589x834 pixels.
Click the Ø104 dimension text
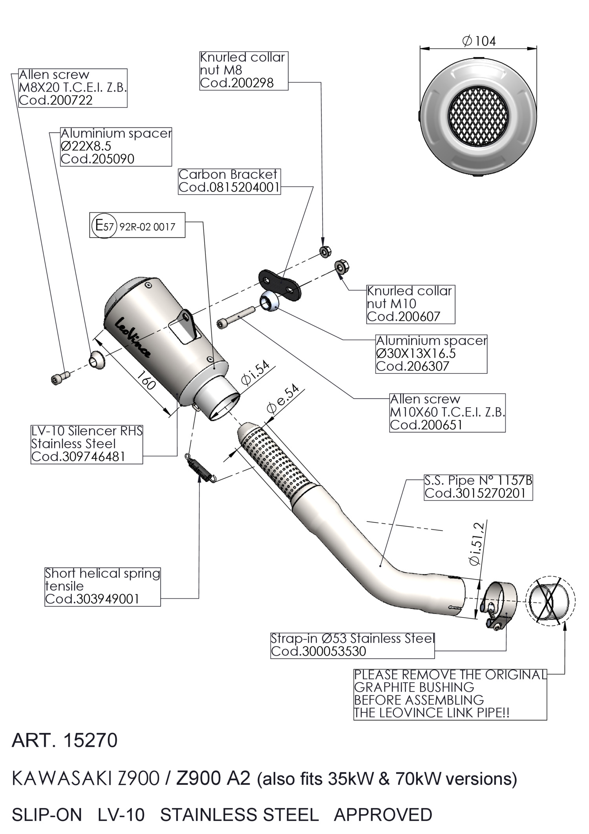click(479, 41)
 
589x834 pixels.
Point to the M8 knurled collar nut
click(324, 251)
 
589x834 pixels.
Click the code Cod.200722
click(56, 100)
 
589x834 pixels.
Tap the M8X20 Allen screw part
click(60, 377)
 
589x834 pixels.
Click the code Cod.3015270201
click(475, 493)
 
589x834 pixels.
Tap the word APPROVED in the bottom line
click(383, 815)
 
